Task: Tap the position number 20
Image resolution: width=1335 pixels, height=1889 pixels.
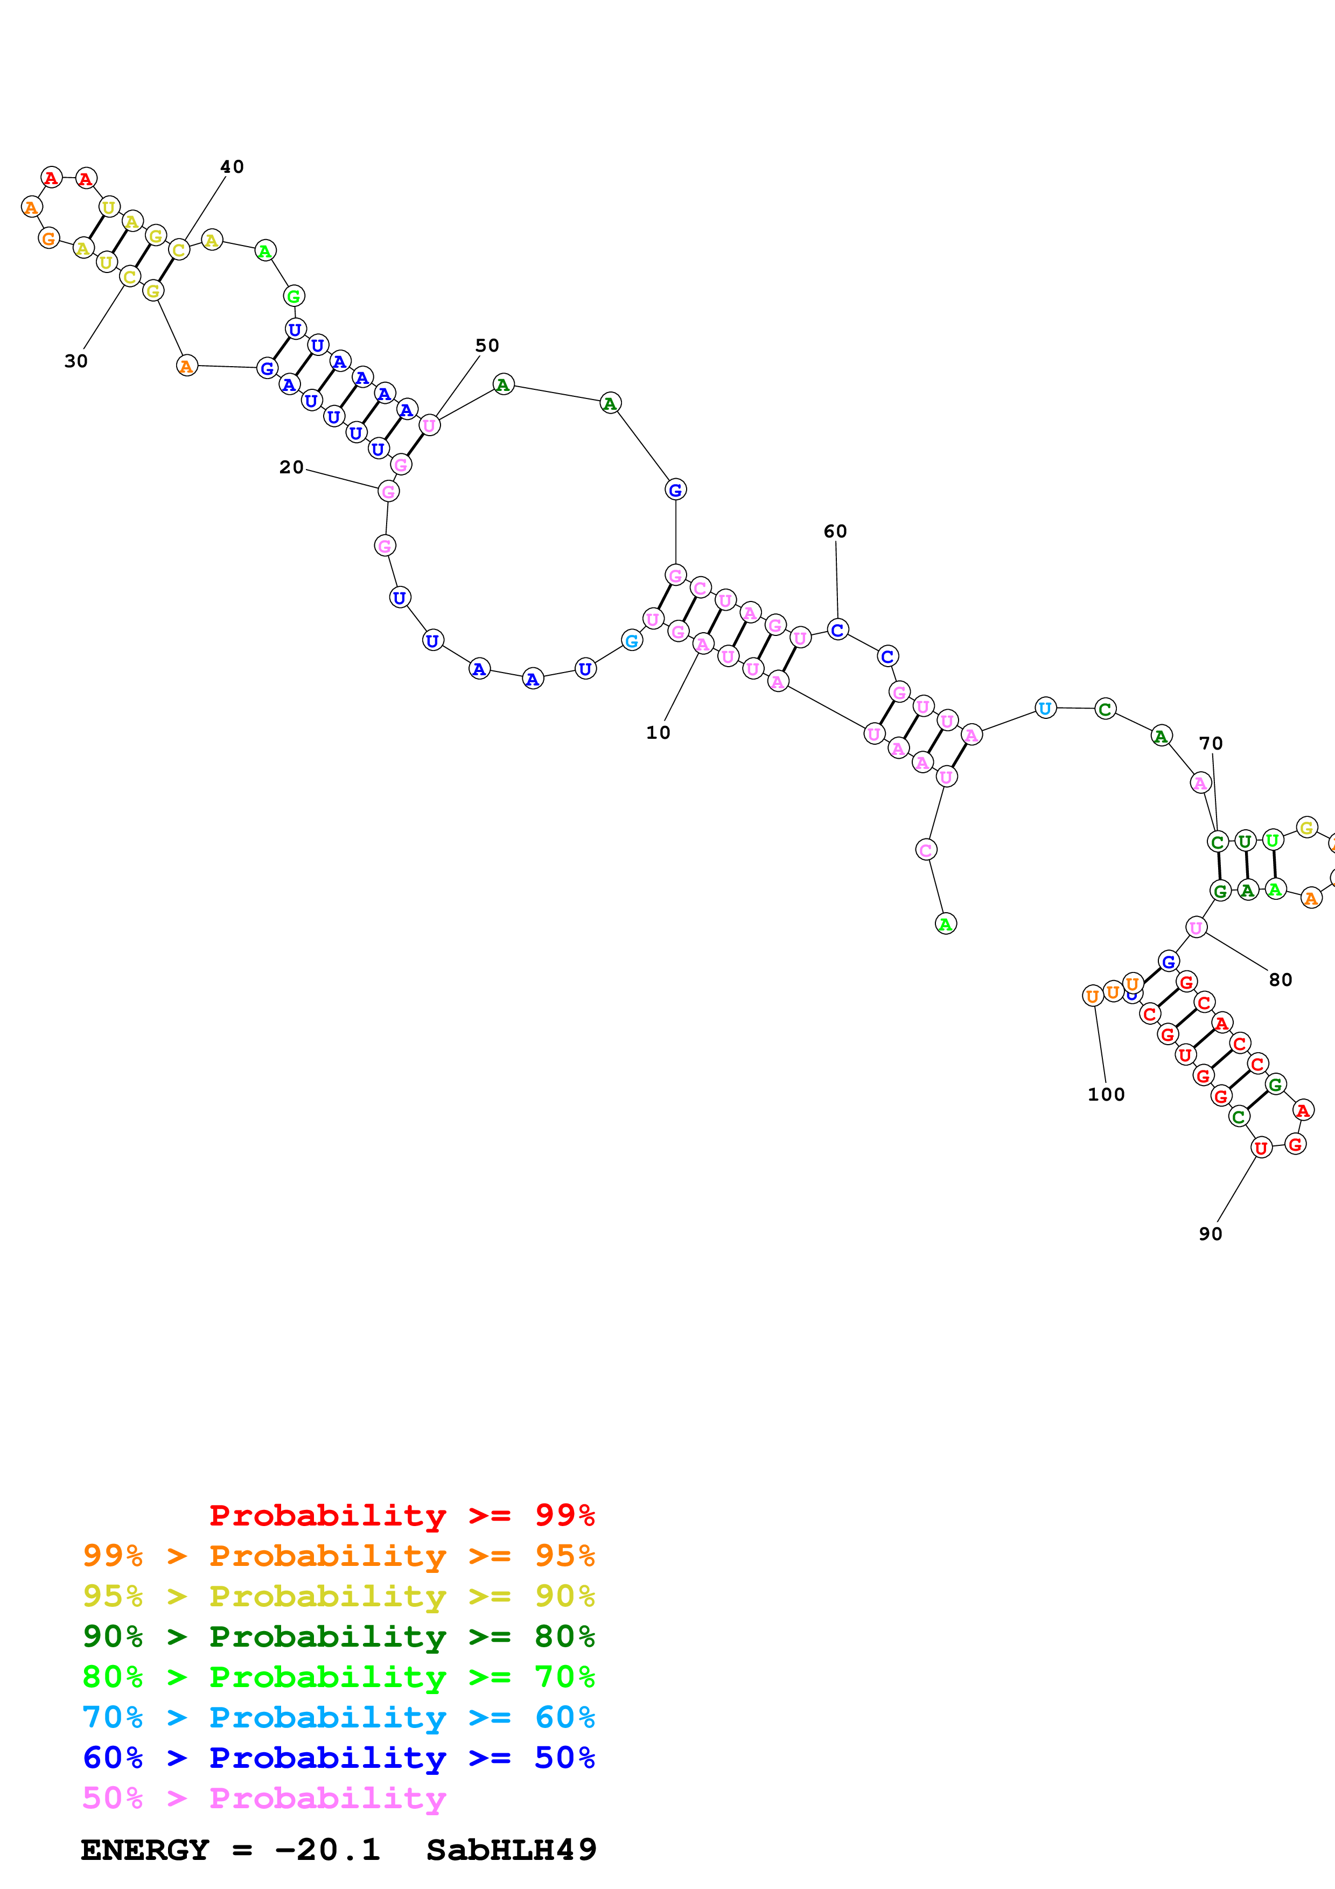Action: point(291,467)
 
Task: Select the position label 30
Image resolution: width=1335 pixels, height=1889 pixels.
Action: point(76,361)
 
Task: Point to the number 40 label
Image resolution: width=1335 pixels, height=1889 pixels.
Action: point(232,167)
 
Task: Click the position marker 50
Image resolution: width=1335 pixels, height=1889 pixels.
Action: point(487,346)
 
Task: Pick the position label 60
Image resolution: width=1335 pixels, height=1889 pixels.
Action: point(835,531)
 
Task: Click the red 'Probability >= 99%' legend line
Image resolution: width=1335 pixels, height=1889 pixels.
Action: point(401,1515)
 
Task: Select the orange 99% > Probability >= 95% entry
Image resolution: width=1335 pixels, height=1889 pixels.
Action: point(338,1556)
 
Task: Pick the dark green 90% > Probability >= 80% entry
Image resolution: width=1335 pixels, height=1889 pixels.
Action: point(338,1636)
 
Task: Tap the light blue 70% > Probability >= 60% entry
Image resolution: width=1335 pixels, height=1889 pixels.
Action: point(338,1717)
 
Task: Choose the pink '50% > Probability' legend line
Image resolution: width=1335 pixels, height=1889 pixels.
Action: point(263,1797)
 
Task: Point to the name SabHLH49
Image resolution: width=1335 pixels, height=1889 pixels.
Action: point(511,1850)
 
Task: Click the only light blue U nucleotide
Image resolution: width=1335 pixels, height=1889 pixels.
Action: point(1045,708)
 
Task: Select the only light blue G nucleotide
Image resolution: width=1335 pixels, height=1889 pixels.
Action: point(632,640)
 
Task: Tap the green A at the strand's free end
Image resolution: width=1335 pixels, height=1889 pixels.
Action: point(946,924)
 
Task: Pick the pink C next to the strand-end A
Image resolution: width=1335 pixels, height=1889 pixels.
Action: point(926,850)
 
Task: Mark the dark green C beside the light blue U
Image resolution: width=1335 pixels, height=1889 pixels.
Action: point(1106,709)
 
